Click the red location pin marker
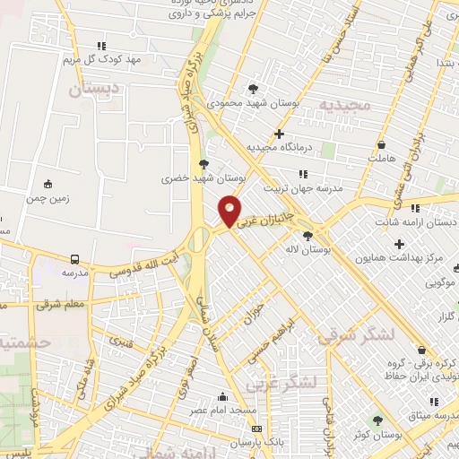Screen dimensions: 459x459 (x=230, y=212)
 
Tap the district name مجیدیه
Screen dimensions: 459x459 (x=343, y=106)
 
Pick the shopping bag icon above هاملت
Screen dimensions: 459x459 (x=381, y=144)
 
